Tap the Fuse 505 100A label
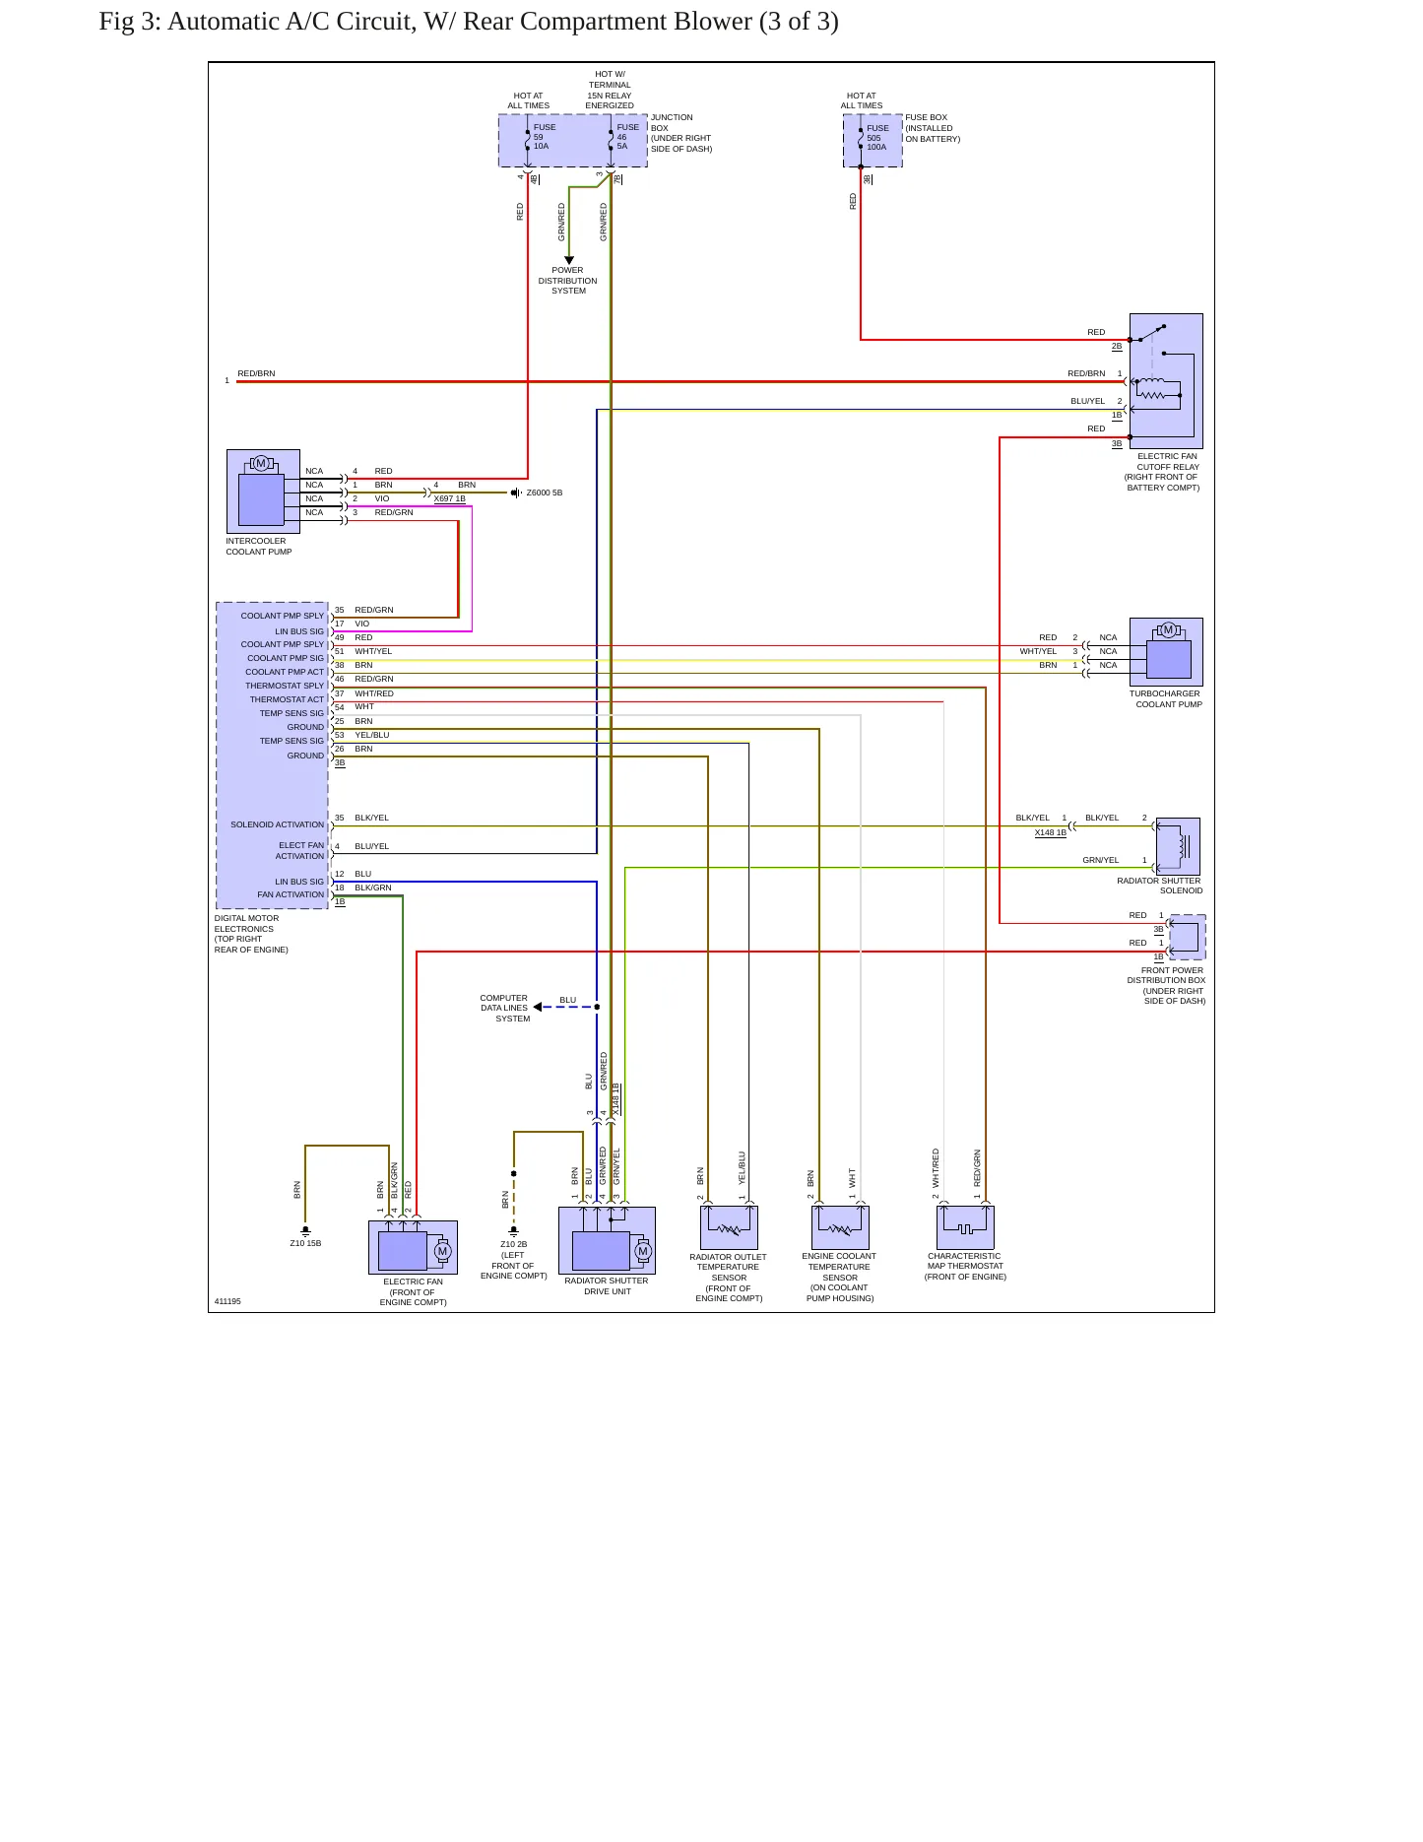point(877,138)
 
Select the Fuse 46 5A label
point(628,137)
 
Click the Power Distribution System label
point(568,281)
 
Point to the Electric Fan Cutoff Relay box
point(1166,381)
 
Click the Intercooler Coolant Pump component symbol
point(263,492)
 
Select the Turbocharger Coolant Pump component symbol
point(1166,652)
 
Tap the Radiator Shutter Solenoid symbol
point(1178,846)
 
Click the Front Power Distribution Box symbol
point(1187,937)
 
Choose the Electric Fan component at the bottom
point(413,1247)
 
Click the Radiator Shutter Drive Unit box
point(607,1240)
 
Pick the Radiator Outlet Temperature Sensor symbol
point(729,1227)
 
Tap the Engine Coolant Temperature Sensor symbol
point(840,1227)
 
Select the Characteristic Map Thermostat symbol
point(965,1227)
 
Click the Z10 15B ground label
point(305,1243)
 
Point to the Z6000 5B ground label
point(545,493)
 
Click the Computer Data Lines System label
point(504,1008)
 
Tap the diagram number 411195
point(227,1301)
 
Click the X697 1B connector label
point(450,498)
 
